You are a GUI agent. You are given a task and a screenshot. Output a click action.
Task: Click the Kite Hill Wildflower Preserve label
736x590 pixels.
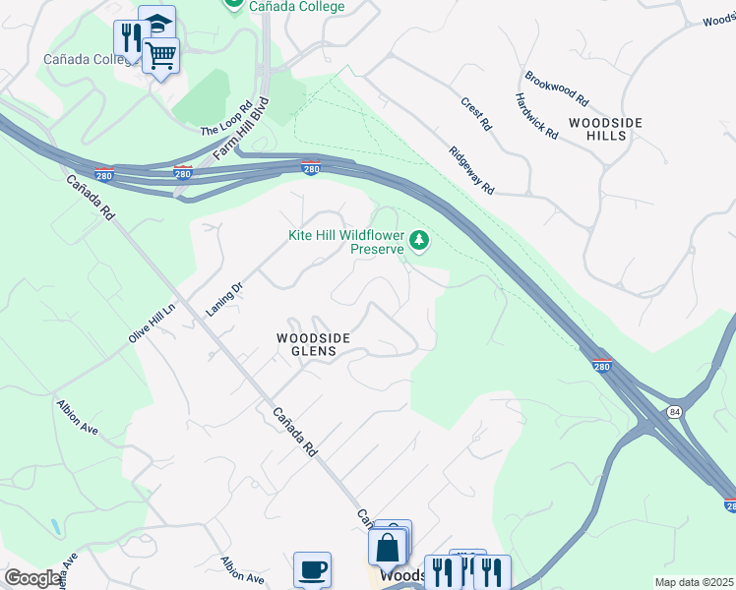(x=345, y=242)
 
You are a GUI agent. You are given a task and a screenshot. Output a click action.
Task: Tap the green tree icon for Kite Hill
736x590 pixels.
(x=420, y=240)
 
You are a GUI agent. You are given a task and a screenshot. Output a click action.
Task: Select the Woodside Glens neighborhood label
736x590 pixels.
(x=312, y=344)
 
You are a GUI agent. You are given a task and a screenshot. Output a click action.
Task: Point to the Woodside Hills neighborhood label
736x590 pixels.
(x=605, y=129)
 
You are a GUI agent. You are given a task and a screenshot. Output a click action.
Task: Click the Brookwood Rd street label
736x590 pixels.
(x=556, y=88)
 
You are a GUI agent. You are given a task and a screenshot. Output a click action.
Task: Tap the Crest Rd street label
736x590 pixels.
(x=476, y=113)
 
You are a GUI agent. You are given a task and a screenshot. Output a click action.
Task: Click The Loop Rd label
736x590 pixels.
(x=226, y=118)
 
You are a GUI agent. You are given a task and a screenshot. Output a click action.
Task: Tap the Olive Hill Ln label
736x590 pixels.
(x=152, y=322)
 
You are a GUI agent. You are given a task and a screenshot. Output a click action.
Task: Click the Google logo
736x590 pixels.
(x=31, y=578)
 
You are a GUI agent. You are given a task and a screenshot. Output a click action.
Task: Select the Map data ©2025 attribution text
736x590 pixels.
(x=694, y=582)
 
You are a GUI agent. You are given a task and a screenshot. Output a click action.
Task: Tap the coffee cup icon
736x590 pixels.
(x=312, y=569)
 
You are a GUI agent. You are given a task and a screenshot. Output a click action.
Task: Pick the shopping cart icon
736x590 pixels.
(x=160, y=54)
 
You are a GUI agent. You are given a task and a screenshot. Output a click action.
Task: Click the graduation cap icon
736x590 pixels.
(x=156, y=22)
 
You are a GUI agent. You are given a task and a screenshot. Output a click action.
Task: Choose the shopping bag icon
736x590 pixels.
(x=387, y=547)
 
